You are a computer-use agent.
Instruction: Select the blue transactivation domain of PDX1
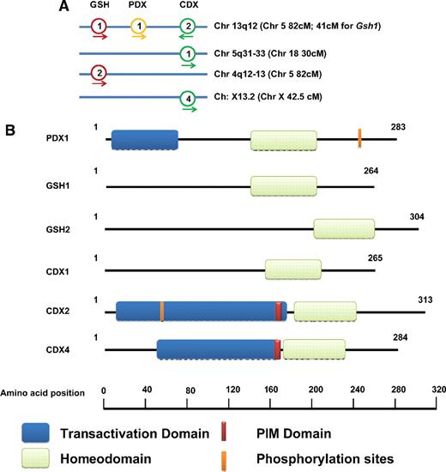tap(144, 140)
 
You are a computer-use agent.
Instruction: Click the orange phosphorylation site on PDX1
tap(359, 136)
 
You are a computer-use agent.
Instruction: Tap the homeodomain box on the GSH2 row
tap(344, 228)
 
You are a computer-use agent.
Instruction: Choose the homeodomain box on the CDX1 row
tap(294, 269)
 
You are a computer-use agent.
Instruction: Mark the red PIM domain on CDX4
tap(277, 349)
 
